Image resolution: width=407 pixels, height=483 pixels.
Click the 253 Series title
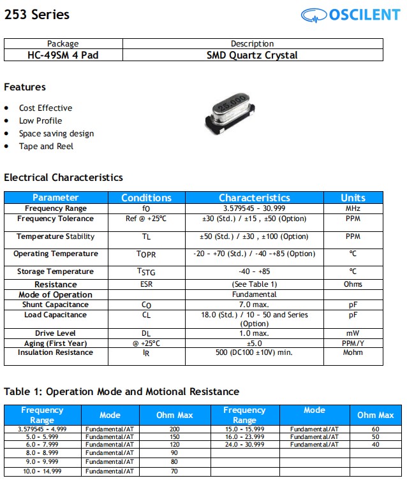pyautogui.click(x=37, y=14)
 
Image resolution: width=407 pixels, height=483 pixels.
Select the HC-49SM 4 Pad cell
pyautogui.click(x=63, y=55)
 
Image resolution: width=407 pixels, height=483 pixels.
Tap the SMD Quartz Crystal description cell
pyautogui.click(x=252, y=55)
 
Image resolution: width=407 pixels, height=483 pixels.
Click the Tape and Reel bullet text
pyautogui.click(x=46, y=147)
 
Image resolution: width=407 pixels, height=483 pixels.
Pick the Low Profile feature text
pyautogui.click(x=40, y=121)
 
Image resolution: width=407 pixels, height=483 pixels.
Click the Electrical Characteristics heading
pyautogui.click(x=63, y=178)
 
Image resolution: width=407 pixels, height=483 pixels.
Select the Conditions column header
pyautogui.click(x=146, y=198)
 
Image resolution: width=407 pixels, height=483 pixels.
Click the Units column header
pyautogui.click(x=353, y=198)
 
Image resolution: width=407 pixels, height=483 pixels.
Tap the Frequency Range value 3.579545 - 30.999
pyautogui.click(x=254, y=208)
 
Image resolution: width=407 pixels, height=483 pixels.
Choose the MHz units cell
pyautogui.click(x=353, y=208)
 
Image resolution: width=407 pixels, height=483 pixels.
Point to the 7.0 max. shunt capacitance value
pyautogui.click(x=254, y=305)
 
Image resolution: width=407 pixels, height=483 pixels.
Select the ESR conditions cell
pyautogui.click(x=146, y=284)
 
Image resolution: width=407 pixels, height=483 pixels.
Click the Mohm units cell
pyautogui.click(x=353, y=352)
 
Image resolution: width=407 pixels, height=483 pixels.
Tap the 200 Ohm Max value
pyautogui.click(x=175, y=429)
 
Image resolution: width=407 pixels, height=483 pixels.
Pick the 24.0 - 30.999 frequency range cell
pyautogui.click(x=244, y=445)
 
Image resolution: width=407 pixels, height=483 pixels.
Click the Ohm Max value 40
pyautogui.click(x=375, y=445)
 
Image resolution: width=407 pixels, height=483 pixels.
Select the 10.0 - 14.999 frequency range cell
pyautogui.click(x=42, y=472)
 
